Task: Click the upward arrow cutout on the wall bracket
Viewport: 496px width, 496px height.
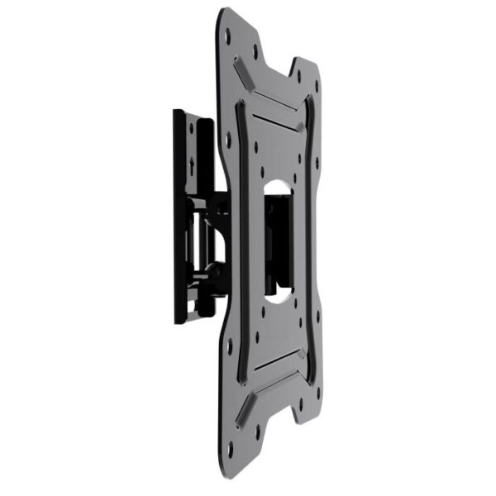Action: coord(192,162)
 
